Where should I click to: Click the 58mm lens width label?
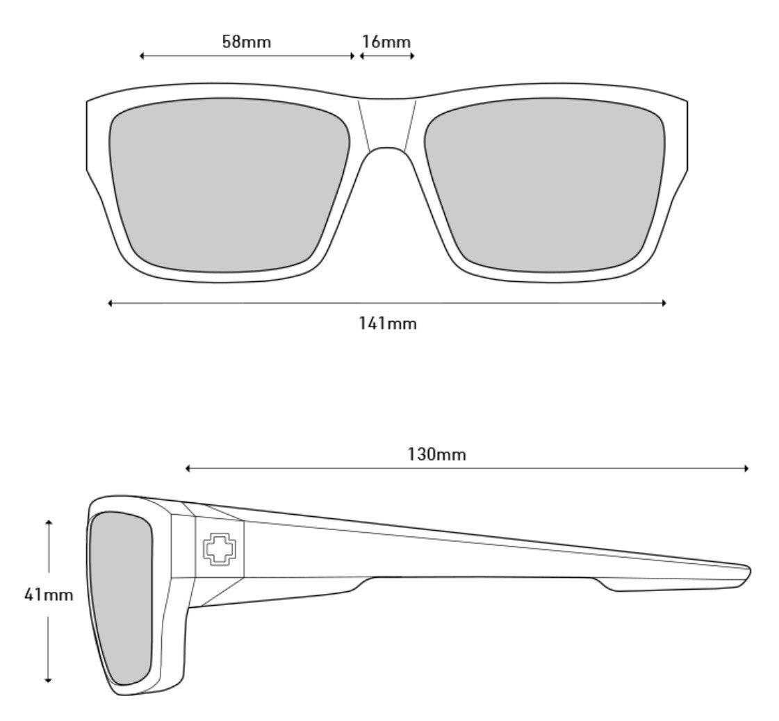246,41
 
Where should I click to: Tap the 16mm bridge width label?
386,41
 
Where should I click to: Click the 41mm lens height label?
49,595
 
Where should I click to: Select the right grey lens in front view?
546,186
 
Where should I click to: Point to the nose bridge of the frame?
386,125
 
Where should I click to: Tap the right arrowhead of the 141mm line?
664,303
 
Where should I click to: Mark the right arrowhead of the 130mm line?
746,469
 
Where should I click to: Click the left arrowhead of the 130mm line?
188,469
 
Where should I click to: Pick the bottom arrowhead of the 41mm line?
49,680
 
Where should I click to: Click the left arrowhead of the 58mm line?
142,56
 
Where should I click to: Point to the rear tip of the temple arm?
748,574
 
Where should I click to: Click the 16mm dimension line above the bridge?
386,56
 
